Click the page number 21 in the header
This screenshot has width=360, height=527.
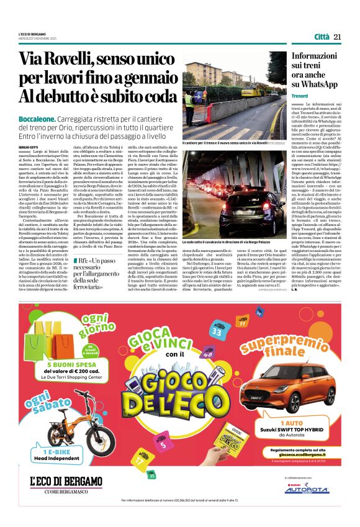click(338, 37)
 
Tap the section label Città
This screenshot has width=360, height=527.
click(321, 37)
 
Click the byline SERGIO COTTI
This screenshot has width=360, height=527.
click(29, 146)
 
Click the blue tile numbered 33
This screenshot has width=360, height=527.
click(217, 332)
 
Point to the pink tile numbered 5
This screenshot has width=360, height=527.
click(163, 444)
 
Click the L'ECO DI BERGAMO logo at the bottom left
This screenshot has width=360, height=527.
click(66, 482)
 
